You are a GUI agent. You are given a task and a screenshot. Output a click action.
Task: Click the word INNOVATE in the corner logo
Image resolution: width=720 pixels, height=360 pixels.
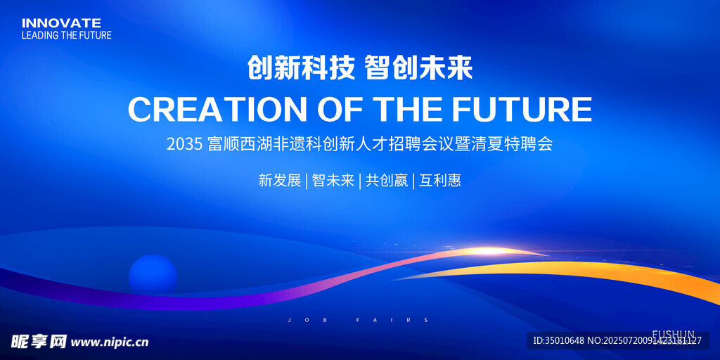(x=61, y=23)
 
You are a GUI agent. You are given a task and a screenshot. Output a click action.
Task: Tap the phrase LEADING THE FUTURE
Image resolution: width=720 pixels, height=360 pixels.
(x=67, y=35)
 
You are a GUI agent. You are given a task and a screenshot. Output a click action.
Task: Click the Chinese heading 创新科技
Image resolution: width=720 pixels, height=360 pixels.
(x=301, y=69)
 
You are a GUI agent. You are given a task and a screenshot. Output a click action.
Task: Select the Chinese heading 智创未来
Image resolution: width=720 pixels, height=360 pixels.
(x=419, y=69)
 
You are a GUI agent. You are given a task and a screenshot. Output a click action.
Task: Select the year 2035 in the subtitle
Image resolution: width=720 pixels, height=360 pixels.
(x=185, y=145)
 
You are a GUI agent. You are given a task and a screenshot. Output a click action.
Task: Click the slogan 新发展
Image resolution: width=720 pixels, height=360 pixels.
(x=280, y=181)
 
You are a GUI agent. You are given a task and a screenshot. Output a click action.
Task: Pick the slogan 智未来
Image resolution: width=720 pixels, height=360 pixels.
(x=333, y=181)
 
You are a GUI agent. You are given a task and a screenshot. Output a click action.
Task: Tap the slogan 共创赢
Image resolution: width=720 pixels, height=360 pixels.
(x=387, y=181)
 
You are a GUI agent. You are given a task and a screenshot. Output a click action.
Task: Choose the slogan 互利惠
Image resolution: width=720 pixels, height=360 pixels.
(x=440, y=181)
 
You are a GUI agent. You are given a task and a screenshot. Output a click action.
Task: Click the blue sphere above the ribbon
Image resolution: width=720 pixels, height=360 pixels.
(x=153, y=274)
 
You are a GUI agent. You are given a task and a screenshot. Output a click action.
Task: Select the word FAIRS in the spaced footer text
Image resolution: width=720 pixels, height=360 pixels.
(x=392, y=320)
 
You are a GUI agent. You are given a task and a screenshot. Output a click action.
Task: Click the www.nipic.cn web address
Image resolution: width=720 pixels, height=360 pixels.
(x=110, y=342)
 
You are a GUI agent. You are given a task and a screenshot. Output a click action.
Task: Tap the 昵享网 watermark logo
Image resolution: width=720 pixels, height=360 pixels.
(x=39, y=341)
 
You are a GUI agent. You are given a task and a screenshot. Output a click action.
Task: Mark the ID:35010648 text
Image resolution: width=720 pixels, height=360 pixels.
(x=558, y=341)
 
